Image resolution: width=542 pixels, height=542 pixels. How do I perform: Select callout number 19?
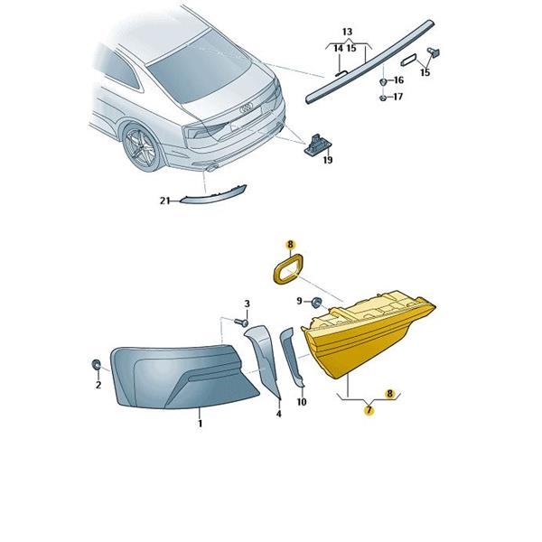tap(328, 160)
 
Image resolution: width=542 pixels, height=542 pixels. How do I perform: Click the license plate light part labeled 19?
tap(317, 145)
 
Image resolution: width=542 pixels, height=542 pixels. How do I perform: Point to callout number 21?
tap(165, 201)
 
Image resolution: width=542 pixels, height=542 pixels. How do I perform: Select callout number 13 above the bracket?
tap(348, 32)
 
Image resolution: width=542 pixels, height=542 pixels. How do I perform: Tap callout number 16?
tap(398, 80)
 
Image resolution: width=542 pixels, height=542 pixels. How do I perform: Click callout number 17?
tap(398, 97)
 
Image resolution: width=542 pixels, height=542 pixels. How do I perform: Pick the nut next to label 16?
tap(383, 82)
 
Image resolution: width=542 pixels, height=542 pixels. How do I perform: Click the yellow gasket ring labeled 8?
tap(287, 269)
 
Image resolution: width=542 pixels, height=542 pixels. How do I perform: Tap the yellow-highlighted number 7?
tap(369, 410)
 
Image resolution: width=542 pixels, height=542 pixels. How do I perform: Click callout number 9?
tap(299, 301)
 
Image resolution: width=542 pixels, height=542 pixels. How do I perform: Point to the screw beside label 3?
tap(241, 322)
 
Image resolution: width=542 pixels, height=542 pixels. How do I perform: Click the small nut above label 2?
tap(96, 364)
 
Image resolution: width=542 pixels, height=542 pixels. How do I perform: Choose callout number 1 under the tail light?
tap(201, 423)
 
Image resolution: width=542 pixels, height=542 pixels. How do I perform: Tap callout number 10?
tap(302, 402)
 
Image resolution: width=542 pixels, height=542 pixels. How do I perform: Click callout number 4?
tap(279, 414)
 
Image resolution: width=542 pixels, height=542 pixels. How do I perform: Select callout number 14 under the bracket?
tap(339, 49)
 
